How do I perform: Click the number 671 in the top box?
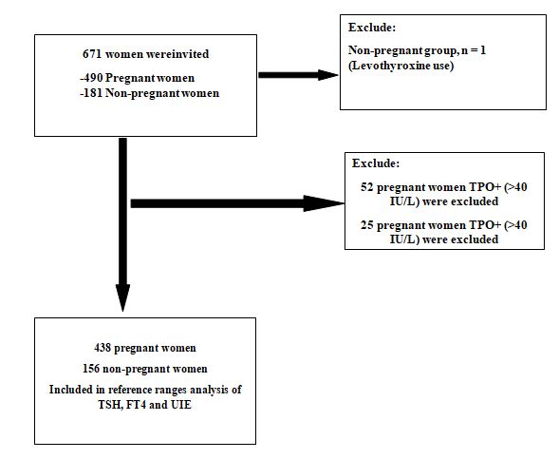(x=92, y=54)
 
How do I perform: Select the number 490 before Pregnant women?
(x=93, y=78)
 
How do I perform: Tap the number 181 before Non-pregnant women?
(x=93, y=93)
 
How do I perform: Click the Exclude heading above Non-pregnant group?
(x=372, y=28)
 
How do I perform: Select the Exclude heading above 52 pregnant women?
(x=376, y=163)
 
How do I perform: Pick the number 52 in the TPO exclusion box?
(x=367, y=187)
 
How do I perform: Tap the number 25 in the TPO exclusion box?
(x=367, y=225)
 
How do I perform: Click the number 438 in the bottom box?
(x=102, y=348)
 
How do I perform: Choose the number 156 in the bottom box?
(x=91, y=369)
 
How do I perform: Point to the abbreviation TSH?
(x=110, y=405)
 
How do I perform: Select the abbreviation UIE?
(x=181, y=405)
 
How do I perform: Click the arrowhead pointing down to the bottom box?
(x=123, y=298)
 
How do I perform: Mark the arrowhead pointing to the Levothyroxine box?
(x=328, y=75)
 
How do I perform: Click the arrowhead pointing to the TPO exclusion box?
(x=324, y=203)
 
